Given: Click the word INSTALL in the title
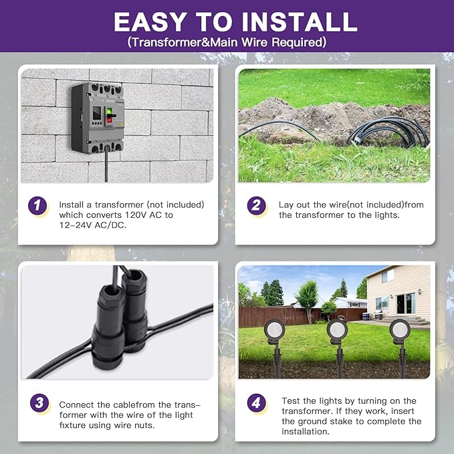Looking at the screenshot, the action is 299,21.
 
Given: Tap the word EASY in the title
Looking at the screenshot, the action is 150,21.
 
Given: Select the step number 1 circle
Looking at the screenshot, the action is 37,205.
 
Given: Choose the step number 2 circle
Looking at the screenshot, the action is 256,205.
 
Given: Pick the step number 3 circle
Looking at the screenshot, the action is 39,403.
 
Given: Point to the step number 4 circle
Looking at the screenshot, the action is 256,403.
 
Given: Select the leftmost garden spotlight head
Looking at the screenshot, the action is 274,330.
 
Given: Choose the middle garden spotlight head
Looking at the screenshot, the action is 337,329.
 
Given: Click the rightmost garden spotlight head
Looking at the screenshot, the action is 400,330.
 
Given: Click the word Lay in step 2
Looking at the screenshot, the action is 286,205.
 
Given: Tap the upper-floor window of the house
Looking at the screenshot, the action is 388,276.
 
